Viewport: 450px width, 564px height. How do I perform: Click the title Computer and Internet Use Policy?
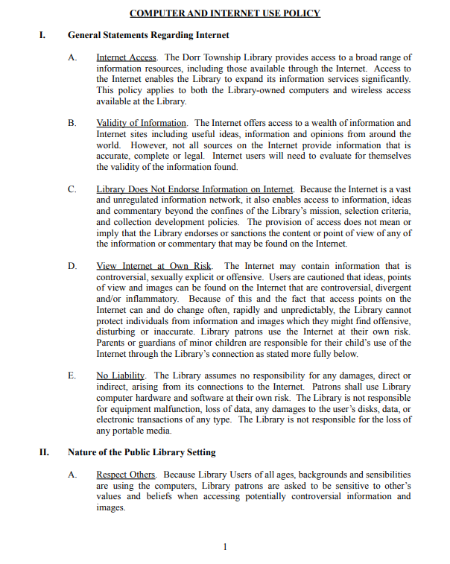coord(224,13)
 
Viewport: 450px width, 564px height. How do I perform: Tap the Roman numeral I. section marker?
coord(43,35)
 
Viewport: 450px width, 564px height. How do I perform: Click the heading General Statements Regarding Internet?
coord(148,35)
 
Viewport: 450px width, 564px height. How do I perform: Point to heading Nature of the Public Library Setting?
coord(142,451)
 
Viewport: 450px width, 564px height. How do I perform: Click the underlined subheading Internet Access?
coord(126,57)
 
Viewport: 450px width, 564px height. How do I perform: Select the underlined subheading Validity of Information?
coord(141,123)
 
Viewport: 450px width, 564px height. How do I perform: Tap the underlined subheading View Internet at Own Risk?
coord(154,266)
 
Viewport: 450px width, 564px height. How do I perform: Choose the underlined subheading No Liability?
coord(121,376)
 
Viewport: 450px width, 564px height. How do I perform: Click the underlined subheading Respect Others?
coord(126,475)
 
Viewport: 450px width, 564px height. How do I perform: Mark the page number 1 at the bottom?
coord(224,548)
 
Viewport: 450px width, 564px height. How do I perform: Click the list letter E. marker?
coord(72,376)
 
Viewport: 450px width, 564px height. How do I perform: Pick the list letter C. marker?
coord(72,189)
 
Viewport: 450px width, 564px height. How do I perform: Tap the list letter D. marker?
coord(72,266)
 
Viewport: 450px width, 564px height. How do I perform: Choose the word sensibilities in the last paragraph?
coord(379,475)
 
